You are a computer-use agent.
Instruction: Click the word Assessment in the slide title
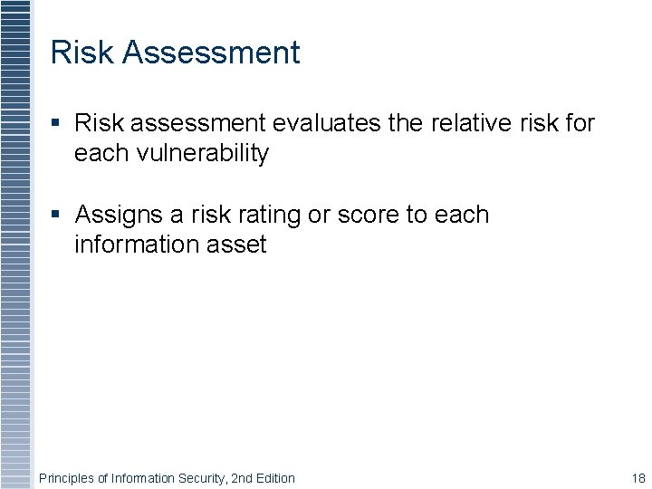coord(210,53)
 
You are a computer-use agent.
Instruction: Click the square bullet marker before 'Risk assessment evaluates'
coord(56,122)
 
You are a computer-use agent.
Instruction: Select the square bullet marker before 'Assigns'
coord(56,215)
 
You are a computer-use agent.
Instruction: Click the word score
coord(369,216)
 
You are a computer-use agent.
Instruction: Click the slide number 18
coord(638,478)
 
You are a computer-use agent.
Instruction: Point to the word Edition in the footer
coord(275,478)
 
